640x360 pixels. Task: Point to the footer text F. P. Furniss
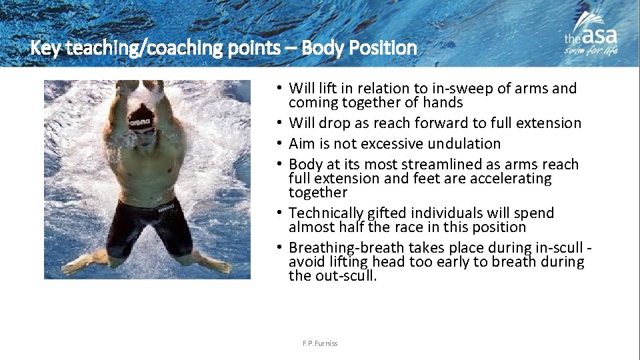[320, 343]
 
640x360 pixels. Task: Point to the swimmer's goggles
[141, 131]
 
